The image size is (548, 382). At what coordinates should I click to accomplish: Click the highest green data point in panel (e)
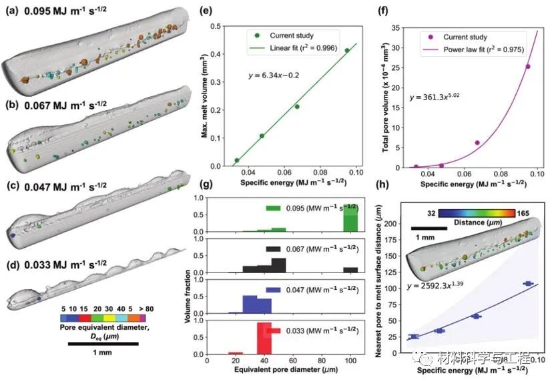346,50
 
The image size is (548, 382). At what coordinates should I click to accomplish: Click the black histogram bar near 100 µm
350,270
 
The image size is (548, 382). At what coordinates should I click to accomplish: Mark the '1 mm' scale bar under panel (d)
103,343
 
